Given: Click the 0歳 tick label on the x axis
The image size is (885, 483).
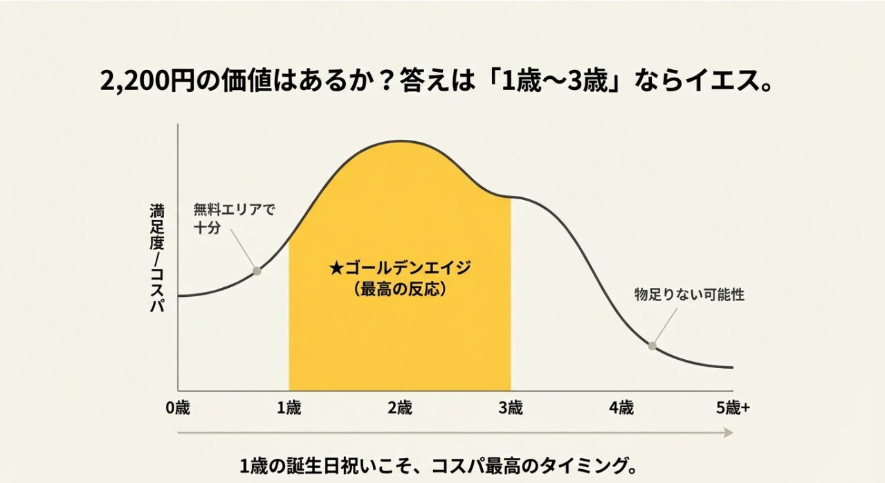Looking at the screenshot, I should point(178,408).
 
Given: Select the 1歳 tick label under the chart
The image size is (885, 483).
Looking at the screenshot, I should point(289,408).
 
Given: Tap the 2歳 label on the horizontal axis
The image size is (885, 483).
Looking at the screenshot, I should point(400,408).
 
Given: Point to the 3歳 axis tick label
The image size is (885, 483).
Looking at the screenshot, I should point(511,408).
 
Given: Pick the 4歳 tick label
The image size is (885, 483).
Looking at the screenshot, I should point(621,408).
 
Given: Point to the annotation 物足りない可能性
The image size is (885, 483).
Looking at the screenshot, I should point(689,295).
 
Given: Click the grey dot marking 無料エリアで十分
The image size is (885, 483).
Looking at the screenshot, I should point(257,271).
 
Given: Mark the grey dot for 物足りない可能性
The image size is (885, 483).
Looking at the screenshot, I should point(652,345).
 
